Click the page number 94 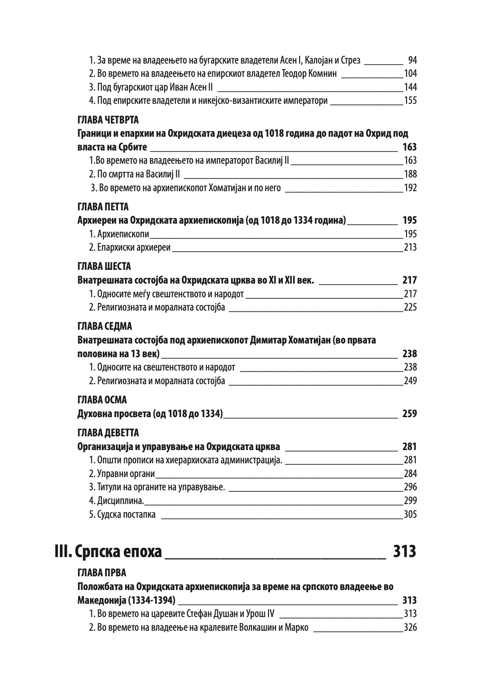coord(412,60)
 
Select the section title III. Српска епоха coord(108,551)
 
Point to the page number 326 coord(410,627)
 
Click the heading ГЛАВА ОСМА coord(102,400)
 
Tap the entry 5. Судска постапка coord(122,514)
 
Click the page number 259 coord(409,414)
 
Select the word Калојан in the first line coord(319,60)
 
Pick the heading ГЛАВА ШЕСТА coord(104,266)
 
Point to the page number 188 coord(410,174)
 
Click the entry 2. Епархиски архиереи coord(130,247)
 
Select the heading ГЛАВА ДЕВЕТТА coord(108,433)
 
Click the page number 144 coord(410,87)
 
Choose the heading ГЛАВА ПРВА coord(101,573)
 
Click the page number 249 coord(410,381)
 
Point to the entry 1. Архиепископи coord(119,234)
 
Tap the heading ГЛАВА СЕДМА coord(105,327)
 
